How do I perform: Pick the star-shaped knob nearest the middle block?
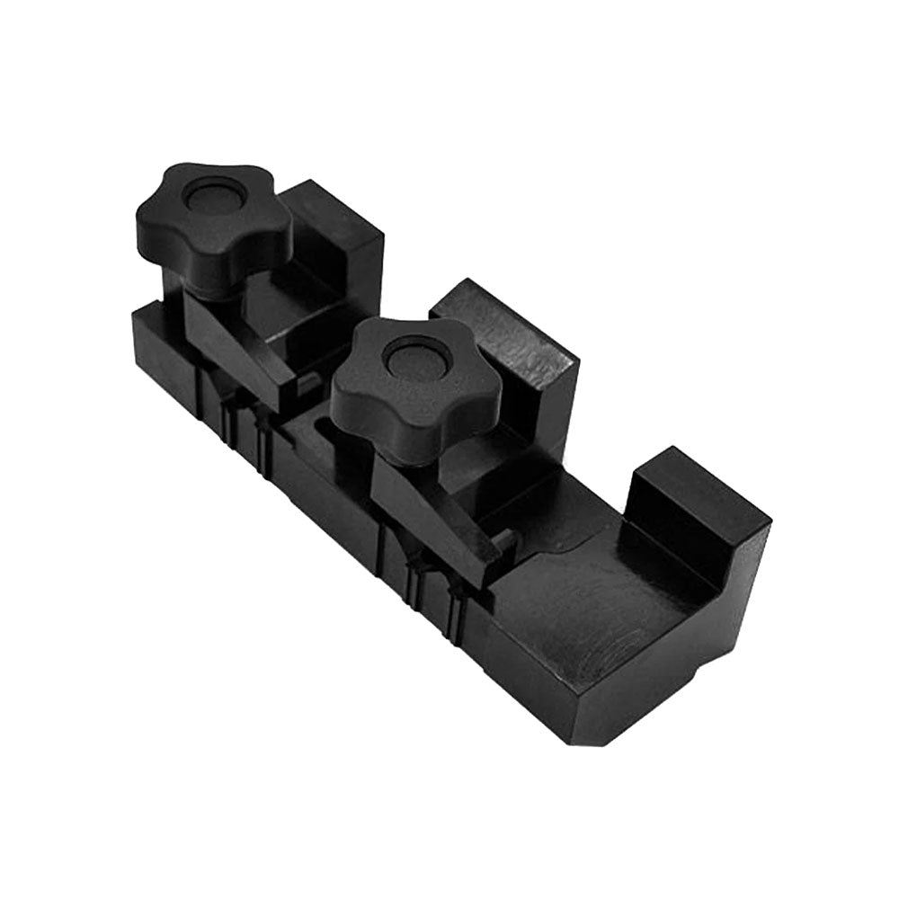(x=449, y=396)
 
